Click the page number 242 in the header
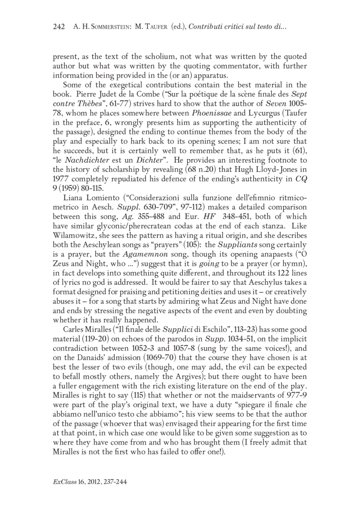click(60, 28)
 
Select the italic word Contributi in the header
click(206, 28)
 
